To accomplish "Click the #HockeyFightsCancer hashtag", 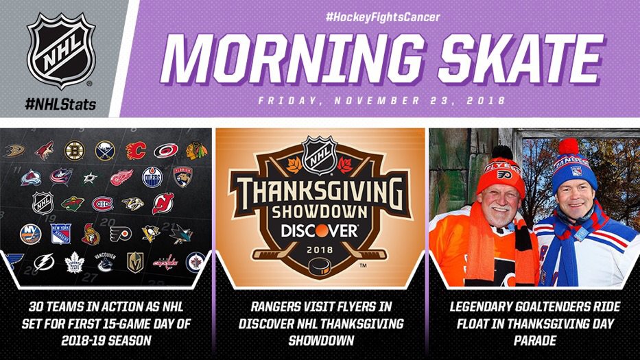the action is click(x=383, y=17).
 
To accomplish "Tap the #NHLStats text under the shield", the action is click(x=60, y=104).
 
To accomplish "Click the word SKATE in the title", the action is click(x=521, y=60).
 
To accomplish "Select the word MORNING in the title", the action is click(x=292, y=60).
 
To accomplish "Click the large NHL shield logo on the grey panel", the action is click(x=61, y=51).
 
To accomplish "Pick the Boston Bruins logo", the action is click(x=75, y=150).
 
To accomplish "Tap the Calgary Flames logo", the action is click(x=136, y=151).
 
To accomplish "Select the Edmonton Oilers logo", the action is click(x=152, y=177).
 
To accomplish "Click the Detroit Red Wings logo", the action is click(x=121, y=178).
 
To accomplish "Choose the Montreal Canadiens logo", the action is click(x=102, y=204).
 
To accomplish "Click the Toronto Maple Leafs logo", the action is click(x=75, y=262).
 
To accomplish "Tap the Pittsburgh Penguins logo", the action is click(x=150, y=233).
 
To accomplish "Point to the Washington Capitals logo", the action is click(x=165, y=262).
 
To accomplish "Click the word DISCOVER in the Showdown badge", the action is click(x=319, y=230).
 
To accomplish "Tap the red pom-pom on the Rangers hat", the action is click(x=568, y=146).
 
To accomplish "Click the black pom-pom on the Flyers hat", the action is click(x=502, y=152).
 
